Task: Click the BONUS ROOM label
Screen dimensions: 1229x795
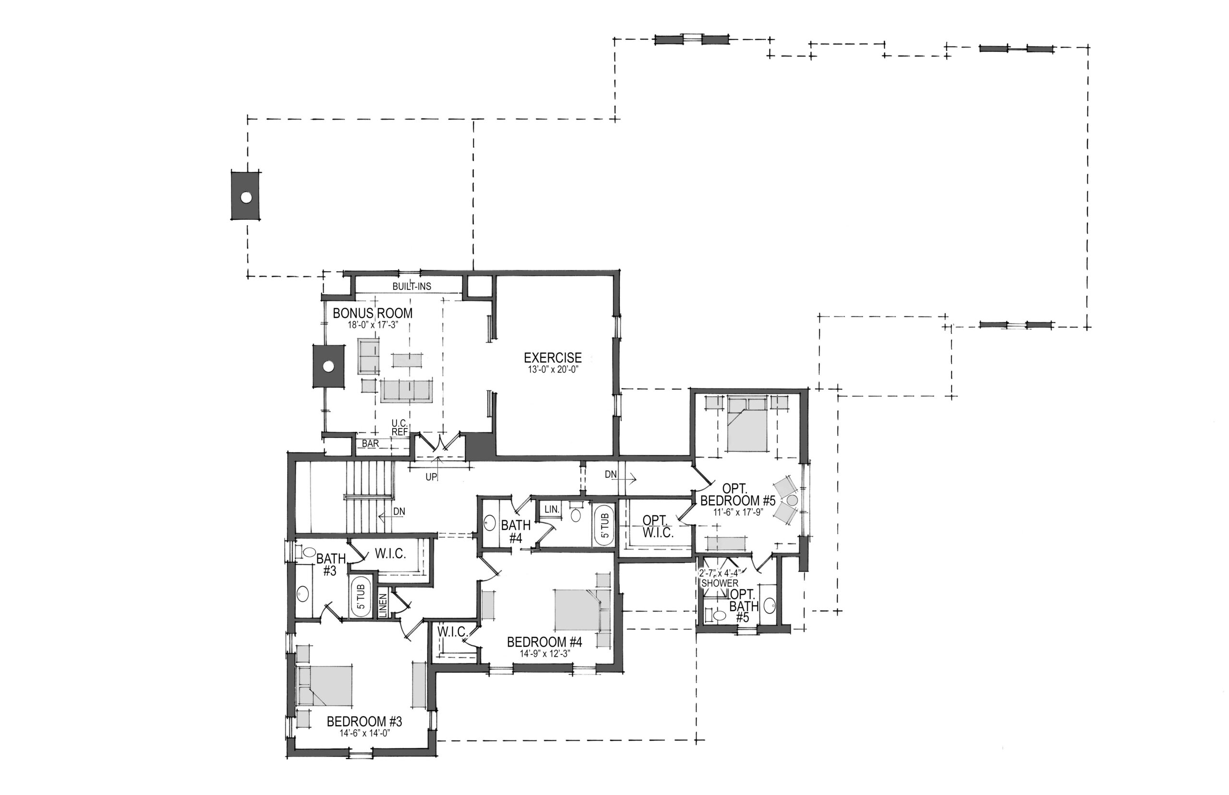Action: tap(372, 313)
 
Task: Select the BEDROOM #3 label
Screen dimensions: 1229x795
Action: tap(364, 721)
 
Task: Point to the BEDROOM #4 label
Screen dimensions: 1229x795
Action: tap(544, 642)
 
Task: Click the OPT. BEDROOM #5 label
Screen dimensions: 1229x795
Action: tap(737, 494)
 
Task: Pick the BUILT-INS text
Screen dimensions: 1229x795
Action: tap(411, 286)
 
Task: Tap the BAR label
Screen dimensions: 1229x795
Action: tap(370, 444)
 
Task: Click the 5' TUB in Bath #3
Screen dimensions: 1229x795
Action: tap(361, 598)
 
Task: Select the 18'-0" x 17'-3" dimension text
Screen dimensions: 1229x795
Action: tap(372, 325)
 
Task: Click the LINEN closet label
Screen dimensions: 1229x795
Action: tap(383, 602)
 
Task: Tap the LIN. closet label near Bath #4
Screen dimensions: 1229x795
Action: tap(552, 509)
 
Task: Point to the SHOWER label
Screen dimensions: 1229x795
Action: tap(720, 583)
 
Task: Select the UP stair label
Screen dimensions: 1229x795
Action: tap(431, 477)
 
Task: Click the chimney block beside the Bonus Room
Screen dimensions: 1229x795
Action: tap(328, 366)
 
